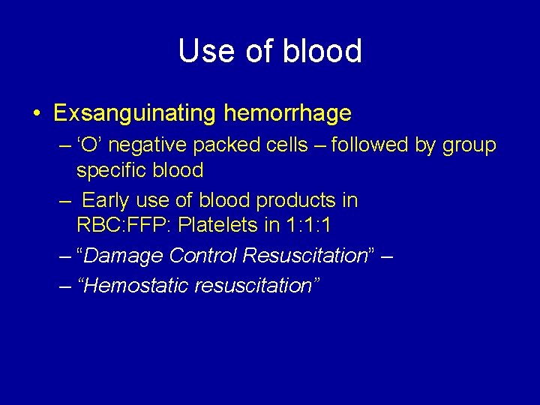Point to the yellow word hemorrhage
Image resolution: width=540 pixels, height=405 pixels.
(x=287, y=113)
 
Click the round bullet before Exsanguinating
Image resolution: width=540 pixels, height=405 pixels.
(x=37, y=114)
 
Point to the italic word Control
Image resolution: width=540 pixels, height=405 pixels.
(x=203, y=256)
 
